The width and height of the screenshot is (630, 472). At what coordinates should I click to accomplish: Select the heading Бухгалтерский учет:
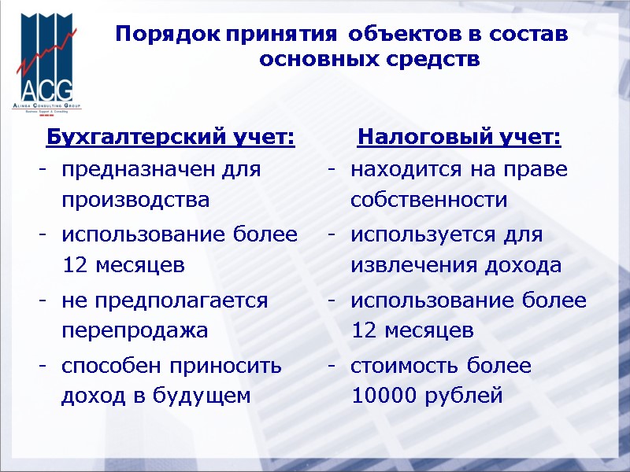point(170,138)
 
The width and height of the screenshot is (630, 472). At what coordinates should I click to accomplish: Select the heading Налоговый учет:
point(459,138)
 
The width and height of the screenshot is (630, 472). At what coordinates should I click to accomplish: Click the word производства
point(135,200)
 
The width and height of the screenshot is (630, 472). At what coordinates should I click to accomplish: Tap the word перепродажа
point(135,330)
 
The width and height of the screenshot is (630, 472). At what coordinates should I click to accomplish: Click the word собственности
point(429,200)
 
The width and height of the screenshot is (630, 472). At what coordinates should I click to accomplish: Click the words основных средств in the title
point(369,60)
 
